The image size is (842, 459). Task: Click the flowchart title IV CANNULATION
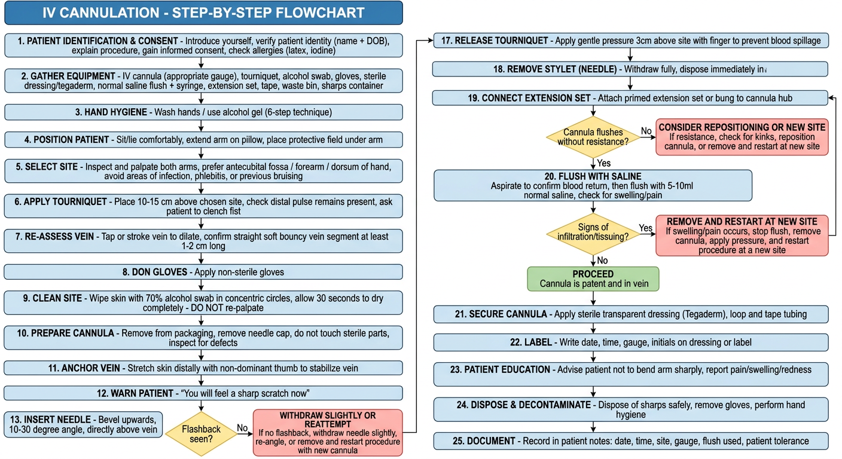point(100,13)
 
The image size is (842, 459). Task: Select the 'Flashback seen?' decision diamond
point(201,434)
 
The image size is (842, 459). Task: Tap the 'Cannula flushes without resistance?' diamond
point(593,137)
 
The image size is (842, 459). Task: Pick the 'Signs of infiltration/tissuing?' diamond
point(593,234)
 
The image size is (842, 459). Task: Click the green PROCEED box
point(593,279)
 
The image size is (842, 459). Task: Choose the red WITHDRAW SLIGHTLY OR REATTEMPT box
point(328,433)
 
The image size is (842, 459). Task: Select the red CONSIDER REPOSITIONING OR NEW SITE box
point(742,137)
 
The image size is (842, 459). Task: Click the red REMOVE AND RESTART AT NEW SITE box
point(742,235)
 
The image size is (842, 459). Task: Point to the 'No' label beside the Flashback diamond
point(242,428)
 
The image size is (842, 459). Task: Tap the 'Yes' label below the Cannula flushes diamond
point(603,163)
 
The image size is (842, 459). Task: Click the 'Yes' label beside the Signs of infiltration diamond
point(645,228)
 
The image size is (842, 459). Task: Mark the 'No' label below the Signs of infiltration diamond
point(602,261)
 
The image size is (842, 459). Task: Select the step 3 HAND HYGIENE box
point(203,112)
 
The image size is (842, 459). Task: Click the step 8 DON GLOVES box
point(203,272)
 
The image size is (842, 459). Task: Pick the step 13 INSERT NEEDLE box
point(83,424)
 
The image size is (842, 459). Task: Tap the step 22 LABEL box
point(631,342)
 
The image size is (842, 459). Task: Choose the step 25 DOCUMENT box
point(631,441)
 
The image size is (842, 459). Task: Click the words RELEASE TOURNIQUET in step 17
point(501,41)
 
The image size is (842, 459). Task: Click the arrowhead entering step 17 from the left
point(431,40)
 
